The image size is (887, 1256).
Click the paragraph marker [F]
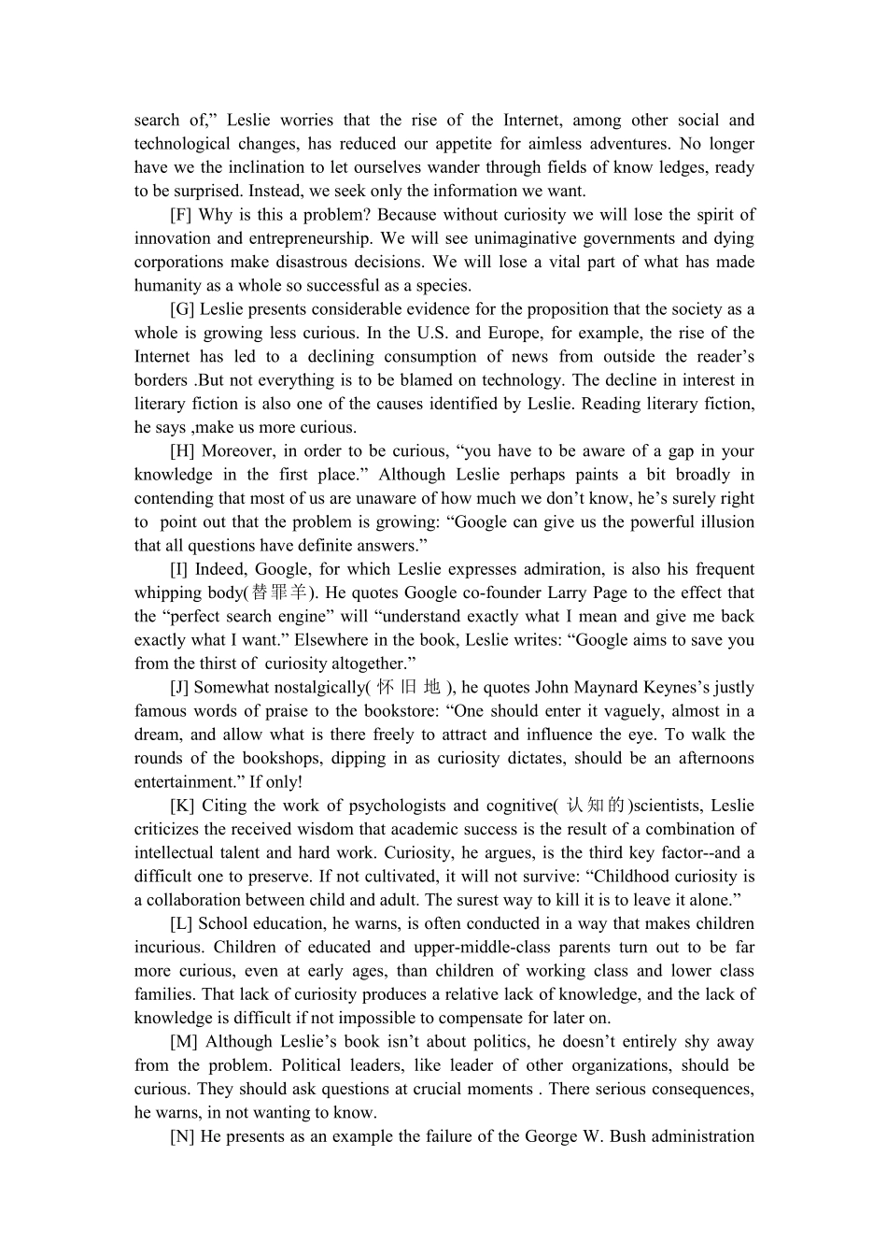[x=181, y=215]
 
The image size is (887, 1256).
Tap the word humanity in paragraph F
[x=165, y=286]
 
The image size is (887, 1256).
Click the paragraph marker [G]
[x=182, y=309]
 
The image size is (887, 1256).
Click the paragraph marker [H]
[x=182, y=450]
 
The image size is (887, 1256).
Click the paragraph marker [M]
[x=184, y=1042]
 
